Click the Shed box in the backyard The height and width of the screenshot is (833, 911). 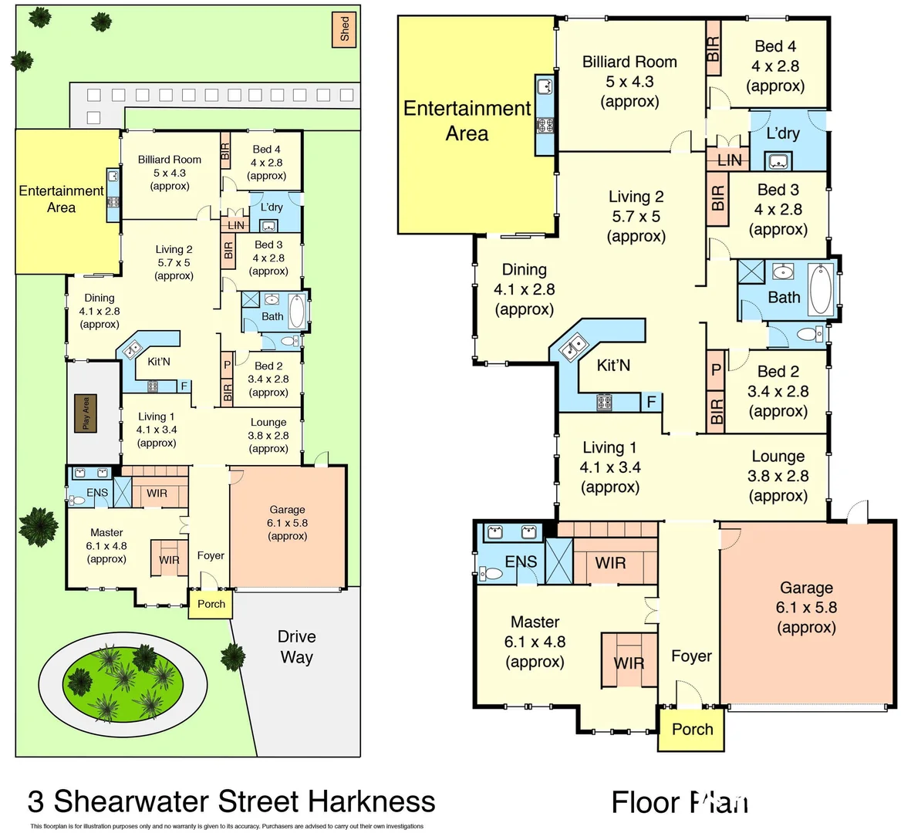pos(344,29)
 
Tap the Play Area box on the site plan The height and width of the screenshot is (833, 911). pos(86,413)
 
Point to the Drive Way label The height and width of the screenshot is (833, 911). pos(297,646)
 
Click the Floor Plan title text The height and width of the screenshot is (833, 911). pos(680,802)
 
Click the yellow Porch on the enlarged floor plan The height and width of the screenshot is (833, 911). pos(691,729)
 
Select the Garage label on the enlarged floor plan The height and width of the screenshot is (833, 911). pos(806,588)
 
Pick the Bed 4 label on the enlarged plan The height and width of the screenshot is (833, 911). pos(775,46)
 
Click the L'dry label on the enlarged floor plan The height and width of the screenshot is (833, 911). pos(782,133)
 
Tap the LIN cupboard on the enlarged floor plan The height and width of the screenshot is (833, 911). pos(729,160)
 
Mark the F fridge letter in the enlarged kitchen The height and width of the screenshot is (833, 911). pos(651,402)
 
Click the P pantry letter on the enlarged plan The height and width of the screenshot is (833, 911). pos(716,369)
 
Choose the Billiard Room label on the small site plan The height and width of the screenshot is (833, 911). pos(170,160)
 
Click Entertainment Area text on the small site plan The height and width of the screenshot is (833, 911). pos(61,198)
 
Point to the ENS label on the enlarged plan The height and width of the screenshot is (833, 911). pos(521,562)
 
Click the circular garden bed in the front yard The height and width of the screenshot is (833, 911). pos(123,679)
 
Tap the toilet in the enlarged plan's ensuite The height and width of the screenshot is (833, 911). pos(489,573)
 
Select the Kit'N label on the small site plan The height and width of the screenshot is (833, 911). pos(159,362)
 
